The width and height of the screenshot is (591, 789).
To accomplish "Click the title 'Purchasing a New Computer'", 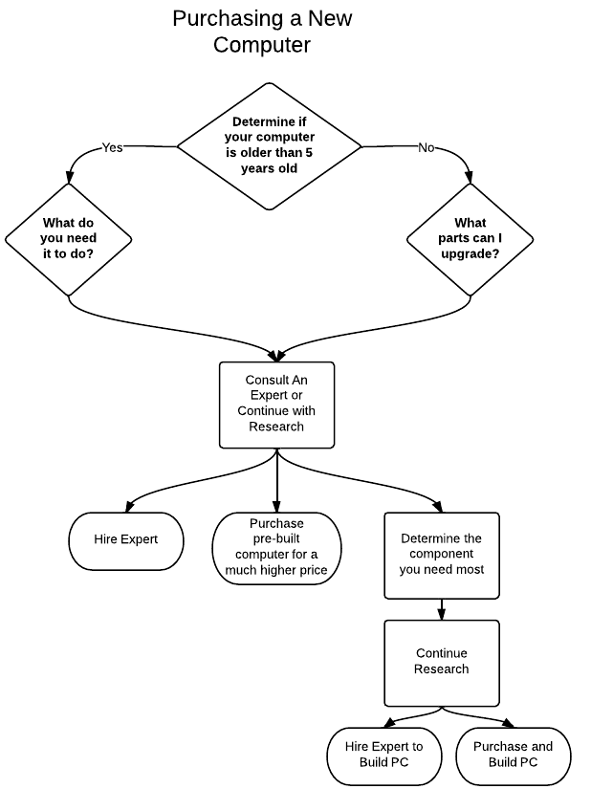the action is click(262, 32).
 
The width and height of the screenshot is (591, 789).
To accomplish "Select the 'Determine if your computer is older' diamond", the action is click(270, 146).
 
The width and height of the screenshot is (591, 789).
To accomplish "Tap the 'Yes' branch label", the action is click(112, 147).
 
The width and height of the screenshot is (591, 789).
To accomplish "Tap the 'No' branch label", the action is click(426, 147).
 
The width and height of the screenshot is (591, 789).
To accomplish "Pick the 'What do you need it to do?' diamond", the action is click(69, 239).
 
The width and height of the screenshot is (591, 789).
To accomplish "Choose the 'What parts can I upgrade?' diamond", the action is click(470, 239).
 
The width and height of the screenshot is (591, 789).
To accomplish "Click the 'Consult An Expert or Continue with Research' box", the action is click(276, 405).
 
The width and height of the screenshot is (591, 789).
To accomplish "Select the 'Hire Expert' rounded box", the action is click(125, 541).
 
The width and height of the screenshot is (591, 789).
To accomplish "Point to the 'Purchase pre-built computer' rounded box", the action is click(276, 548).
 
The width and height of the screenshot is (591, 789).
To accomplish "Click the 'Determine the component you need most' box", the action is click(442, 556).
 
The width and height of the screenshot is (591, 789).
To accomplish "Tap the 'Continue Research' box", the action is click(442, 663).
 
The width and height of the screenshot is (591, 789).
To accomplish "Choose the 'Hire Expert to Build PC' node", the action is click(384, 756).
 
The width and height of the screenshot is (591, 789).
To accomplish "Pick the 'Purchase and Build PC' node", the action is click(513, 756).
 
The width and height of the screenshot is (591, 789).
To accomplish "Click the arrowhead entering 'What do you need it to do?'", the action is click(70, 177).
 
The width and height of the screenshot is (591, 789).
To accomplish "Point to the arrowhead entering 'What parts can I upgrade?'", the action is click(469, 177).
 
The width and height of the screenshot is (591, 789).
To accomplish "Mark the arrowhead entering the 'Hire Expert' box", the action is click(129, 506).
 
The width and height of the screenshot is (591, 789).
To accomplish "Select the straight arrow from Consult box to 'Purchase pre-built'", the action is click(276, 480).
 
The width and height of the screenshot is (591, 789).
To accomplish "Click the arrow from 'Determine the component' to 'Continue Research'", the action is click(442, 609).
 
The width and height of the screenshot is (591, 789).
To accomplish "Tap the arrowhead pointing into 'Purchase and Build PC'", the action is click(508, 724).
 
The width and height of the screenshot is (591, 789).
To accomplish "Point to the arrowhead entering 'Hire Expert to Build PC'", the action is click(390, 724).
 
